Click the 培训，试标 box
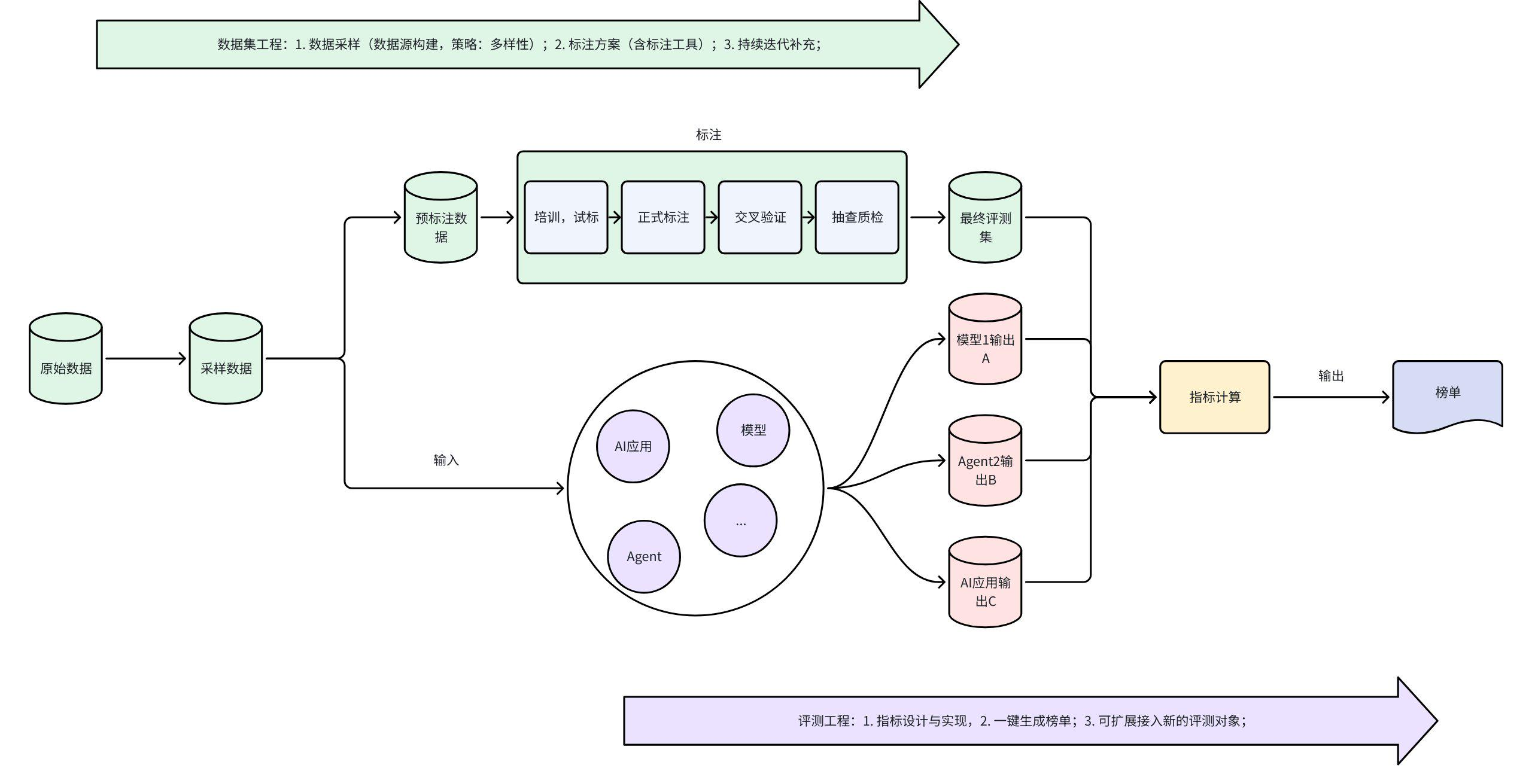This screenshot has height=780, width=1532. (x=566, y=217)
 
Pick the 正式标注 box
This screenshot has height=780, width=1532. (x=663, y=217)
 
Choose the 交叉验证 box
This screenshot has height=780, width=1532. (x=760, y=217)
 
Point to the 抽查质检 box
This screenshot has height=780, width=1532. (x=857, y=217)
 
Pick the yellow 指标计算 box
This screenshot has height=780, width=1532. (x=1214, y=397)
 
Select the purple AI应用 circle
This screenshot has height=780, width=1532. (x=633, y=446)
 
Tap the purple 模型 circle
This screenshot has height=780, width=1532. (x=753, y=430)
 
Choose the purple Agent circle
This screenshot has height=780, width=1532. (x=644, y=556)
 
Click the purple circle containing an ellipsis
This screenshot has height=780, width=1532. (x=740, y=520)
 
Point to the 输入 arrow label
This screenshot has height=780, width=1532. (x=446, y=460)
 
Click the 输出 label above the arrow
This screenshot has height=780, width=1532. (x=1331, y=376)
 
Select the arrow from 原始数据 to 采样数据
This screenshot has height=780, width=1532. (x=145, y=359)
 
